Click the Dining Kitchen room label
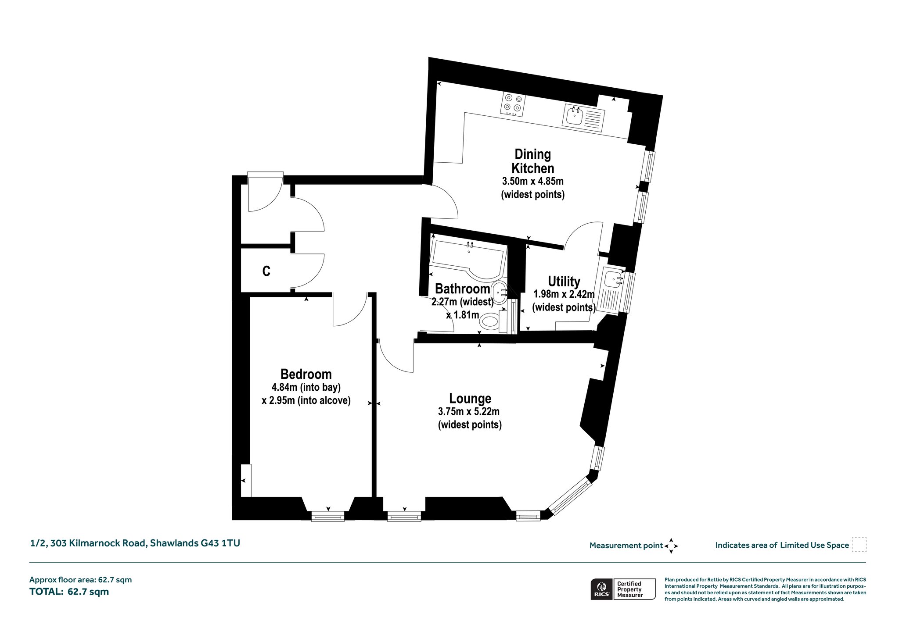point(533,161)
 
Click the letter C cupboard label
point(266,271)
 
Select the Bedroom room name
point(306,374)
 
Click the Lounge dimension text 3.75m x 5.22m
point(469,412)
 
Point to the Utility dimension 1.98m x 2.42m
point(564,294)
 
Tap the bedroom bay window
point(328,516)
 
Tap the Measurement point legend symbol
point(671,546)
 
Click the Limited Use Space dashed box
point(859,545)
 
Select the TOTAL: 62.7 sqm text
point(69,592)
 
